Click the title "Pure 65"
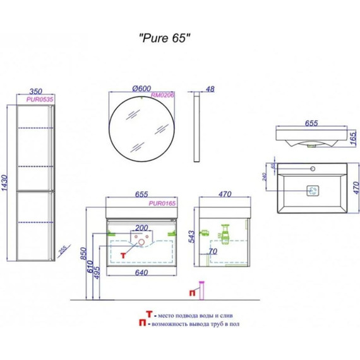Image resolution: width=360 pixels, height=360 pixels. (164, 37)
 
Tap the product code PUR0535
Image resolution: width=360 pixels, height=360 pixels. (39, 99)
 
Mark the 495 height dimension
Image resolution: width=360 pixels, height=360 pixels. (104, 272)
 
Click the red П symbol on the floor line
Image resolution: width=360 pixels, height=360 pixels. (191, 292)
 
